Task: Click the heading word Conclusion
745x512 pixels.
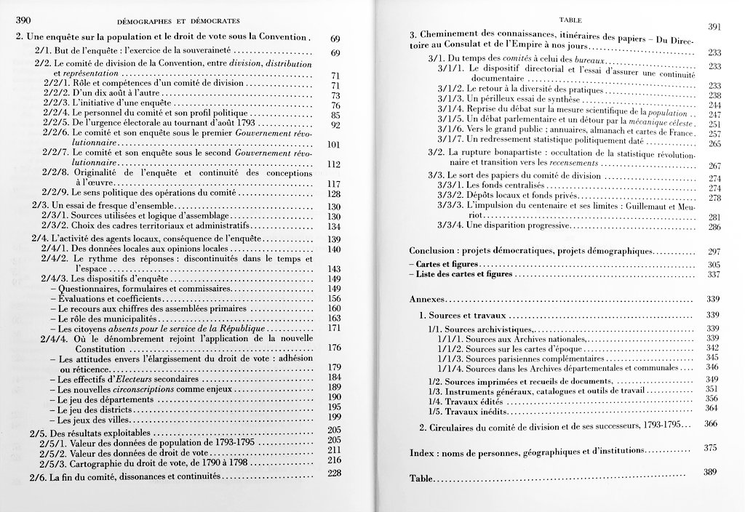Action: [x=434, y=251]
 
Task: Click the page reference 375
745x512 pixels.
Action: [x=712, y=447]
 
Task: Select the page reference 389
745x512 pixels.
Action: [x=710, y=472]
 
